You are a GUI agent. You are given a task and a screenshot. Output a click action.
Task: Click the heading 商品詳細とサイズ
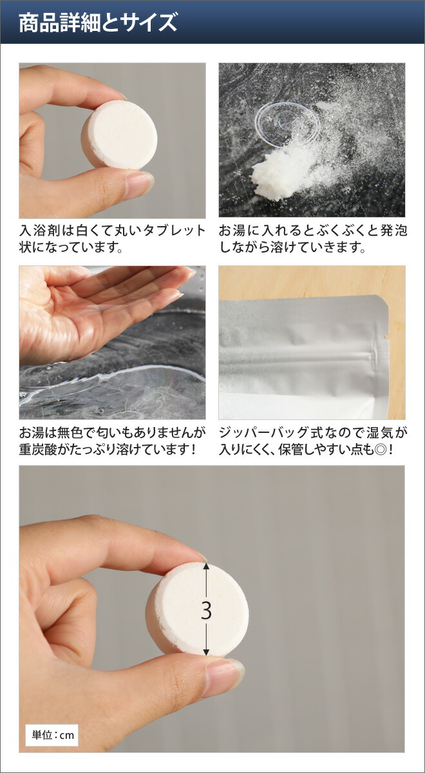click(97, 23)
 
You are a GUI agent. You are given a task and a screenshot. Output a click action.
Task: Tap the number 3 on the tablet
click(206, 610)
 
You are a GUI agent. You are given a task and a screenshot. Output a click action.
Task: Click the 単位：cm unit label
click(52, 734)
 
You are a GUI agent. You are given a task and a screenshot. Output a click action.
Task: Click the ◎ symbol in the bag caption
click(384, 448)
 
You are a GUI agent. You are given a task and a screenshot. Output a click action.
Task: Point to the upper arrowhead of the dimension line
click(206, 566)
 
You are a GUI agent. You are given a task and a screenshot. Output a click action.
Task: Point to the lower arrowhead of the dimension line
click(206, 653)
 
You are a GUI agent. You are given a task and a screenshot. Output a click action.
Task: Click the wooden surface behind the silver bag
click(309, 280)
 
